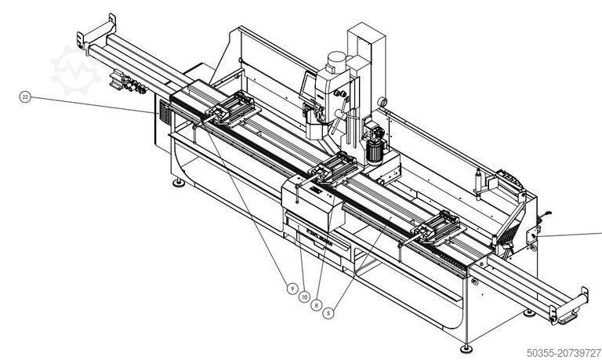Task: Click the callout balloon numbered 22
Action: (x=26, y=97)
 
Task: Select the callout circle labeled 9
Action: (x=292, y=289)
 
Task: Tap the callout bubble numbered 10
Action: (x=304, y=296)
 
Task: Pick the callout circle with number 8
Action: (x=316, y=304)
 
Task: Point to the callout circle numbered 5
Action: (x=329, y=312)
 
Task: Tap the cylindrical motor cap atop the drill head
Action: (x=336, y=60)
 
